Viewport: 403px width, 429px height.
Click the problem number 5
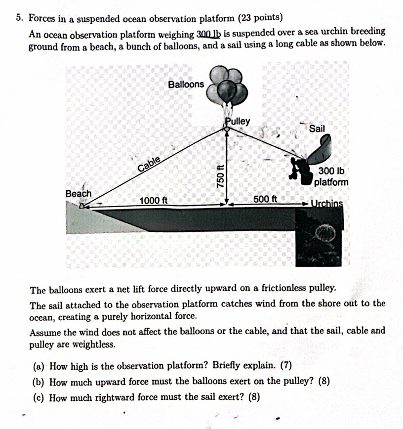19,19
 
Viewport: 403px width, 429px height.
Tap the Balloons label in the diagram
185,85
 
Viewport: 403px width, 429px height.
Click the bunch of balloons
228,86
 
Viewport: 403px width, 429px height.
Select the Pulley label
238,121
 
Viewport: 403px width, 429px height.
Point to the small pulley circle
226,129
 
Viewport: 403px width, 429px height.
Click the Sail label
317,129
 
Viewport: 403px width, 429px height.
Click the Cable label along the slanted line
149,164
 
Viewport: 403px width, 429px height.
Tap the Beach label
79,193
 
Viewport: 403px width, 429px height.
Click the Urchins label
327,203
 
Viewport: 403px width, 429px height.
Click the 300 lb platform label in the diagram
331,177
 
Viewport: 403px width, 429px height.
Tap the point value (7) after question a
286,366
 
